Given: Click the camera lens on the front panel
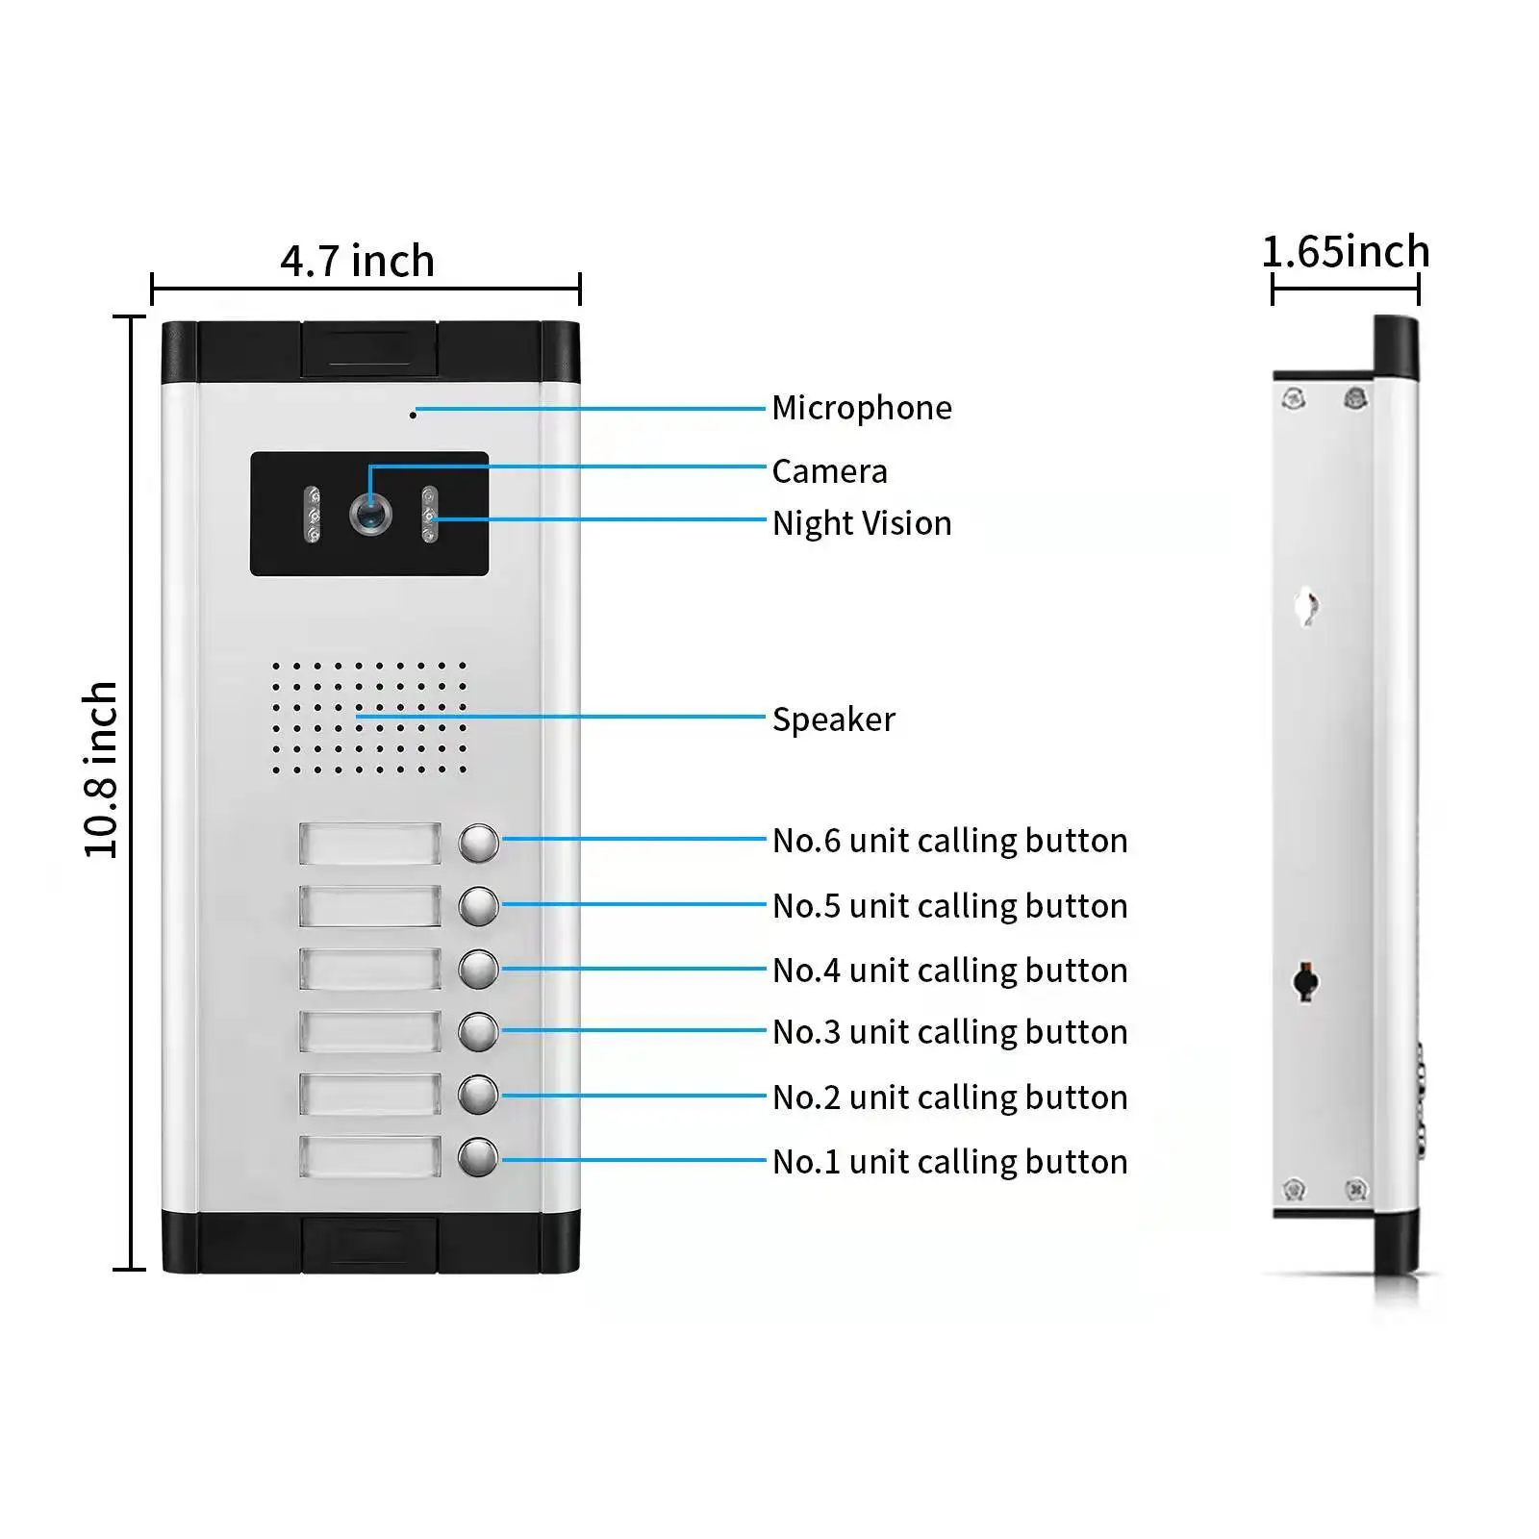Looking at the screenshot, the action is (x=370, y=515).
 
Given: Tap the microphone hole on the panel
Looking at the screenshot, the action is (x=414, y=415).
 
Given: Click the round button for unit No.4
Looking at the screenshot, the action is (x=478, y=969).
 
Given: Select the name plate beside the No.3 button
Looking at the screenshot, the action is (x=370, y=1032).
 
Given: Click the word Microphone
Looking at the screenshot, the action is (x=862, y=408).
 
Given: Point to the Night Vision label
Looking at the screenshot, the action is (x=862, y=523).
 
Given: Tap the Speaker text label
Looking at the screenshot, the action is (x=834, y=719).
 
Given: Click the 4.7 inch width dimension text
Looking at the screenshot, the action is (x=358, y=261).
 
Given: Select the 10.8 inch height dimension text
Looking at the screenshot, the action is (x=100, y=769).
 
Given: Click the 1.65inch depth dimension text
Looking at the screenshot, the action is (x=1346, y=252).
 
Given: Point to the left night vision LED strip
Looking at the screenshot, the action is (x=313, y=515).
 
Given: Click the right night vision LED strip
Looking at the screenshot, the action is (x=429, y=515).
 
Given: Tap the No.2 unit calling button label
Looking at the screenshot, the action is (x=950, y=1097).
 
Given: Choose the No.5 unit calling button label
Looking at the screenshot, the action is (x=950, y=906).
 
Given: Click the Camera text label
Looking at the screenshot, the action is (x=830, y=471).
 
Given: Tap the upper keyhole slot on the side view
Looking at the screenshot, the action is (x=1306, y=606).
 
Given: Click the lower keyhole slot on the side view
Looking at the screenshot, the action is (x=1305, y=981).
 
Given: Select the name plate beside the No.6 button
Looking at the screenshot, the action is (x=370, y=844).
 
